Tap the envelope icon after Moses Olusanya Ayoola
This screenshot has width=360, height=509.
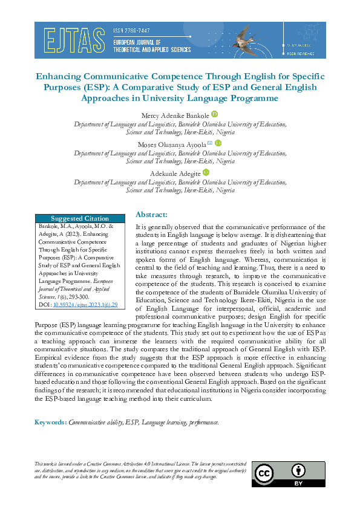tap(210, 143)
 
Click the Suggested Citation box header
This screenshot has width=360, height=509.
tap(80, 218)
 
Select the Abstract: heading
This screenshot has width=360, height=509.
tap(151, 215)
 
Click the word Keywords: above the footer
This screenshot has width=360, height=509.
tap(50, 422)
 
